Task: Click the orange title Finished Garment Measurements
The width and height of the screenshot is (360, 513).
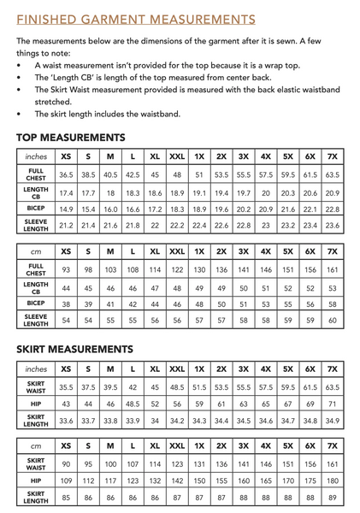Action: point(136,19)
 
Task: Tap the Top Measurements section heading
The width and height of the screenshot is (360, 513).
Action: point(71,137)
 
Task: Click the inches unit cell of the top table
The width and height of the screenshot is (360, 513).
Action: point(36,156)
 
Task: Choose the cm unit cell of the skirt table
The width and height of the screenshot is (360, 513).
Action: point(36,445)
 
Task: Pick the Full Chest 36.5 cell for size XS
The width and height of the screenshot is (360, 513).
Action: point(66,174)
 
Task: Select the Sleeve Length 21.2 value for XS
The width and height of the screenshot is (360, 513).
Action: point(66,227)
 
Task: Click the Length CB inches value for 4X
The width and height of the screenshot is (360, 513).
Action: point(266,192)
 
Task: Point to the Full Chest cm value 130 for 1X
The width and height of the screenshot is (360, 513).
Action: point(199,269)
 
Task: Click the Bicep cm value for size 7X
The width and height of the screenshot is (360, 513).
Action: point(333,304)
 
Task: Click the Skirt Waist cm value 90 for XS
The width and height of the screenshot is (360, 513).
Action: point(66,463)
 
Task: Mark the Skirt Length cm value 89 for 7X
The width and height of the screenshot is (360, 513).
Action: point(333,498)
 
